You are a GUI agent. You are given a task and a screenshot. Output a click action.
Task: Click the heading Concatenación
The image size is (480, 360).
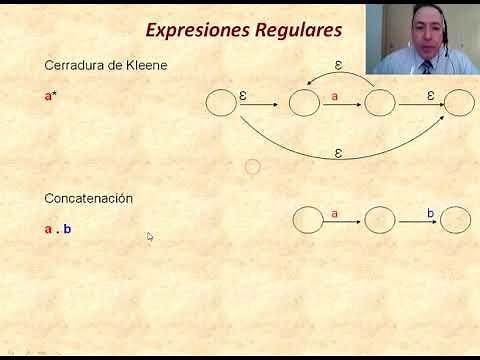tap(88, 198)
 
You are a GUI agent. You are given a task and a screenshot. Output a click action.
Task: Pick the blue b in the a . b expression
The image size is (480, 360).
tap(67, 229)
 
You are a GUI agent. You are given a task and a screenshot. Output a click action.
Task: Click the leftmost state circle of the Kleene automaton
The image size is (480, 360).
tap(221, 103)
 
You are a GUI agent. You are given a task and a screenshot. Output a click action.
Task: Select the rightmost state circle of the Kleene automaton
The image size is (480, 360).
tap(458, 103)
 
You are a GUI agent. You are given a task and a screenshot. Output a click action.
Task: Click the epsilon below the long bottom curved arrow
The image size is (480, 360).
tap(338, 153)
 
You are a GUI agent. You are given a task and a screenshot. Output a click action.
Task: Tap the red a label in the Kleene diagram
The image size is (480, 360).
tap(334, 96)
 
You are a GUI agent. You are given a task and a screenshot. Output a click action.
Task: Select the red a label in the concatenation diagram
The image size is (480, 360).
tap(334, 213)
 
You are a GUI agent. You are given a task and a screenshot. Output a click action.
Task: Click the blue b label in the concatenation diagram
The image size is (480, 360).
tap(431, 213)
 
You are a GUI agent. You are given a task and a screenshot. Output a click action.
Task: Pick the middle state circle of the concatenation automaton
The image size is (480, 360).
tap(380, 220)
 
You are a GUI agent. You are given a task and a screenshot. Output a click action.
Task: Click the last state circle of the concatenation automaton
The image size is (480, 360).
tap(456, 220)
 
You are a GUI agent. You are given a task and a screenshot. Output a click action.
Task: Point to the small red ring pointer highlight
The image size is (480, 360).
tap(252, 167)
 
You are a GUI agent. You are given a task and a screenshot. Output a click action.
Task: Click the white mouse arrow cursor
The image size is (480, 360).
tap(150, 237)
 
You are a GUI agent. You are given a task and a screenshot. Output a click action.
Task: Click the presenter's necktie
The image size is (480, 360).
tap(427, 67)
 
